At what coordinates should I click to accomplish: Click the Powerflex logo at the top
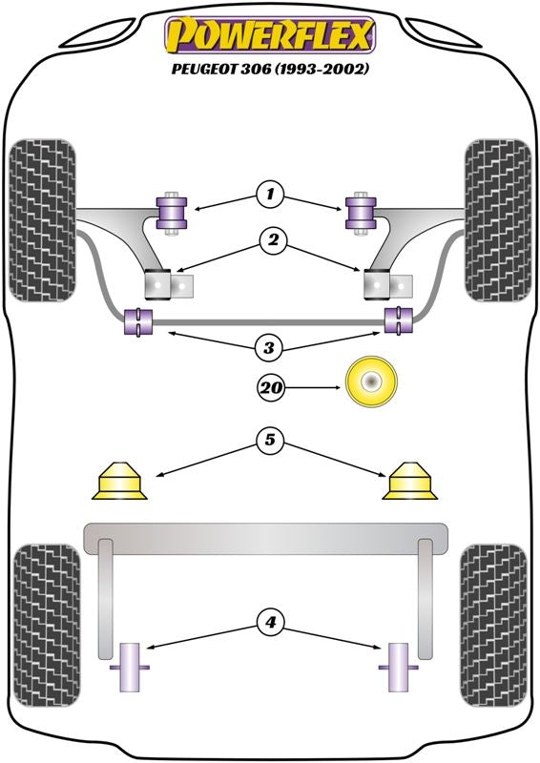click(270, 34)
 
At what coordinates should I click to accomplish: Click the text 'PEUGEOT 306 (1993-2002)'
click(270, 69)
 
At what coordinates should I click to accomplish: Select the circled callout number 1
click(269, 195)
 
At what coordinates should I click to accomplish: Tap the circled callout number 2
click(273, 240)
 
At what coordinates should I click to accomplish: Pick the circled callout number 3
click(269, 347)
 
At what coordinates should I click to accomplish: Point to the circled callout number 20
click(271, 387)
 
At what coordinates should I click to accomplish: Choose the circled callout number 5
click(269, 440)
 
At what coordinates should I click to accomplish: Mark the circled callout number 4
click(270, 622)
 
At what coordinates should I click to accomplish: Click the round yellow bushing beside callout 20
click(371, 382)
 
